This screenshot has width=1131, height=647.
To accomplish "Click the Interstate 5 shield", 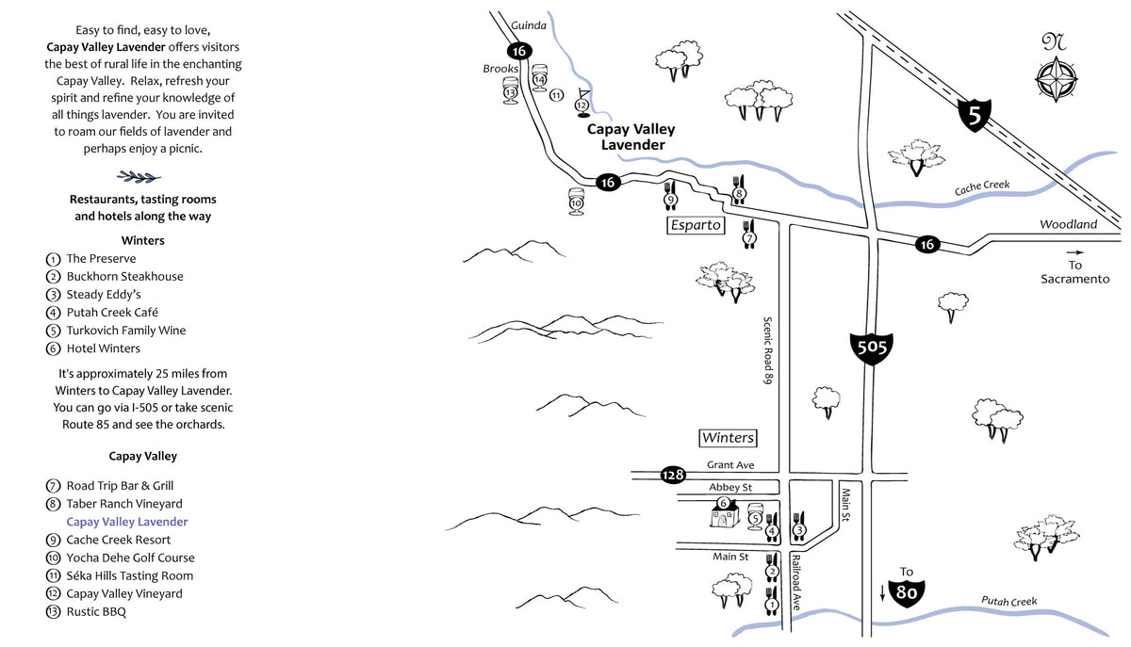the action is [x=975, y=116].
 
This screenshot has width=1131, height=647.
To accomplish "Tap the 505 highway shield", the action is [x=872, y=348].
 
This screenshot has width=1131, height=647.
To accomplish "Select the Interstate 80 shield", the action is [x=907, y=592].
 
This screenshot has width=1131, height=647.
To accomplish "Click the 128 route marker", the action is [x=673, y=475].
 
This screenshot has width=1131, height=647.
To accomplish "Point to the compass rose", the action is [x=1057, y=79].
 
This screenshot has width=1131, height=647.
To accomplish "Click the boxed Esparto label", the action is [x=696, y=224].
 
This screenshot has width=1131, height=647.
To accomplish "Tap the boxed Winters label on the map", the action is [x=728, y=438].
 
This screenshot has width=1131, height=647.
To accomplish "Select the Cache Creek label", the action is [x=982, y=187].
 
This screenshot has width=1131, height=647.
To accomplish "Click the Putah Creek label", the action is [x=1008, y=601].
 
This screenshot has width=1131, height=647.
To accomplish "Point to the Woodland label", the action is [x=1069, y=224].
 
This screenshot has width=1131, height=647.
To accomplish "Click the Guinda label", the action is [x=529, y=25].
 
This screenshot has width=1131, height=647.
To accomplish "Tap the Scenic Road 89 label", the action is [x=767, y=350].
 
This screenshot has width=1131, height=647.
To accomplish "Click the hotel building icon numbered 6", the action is [x=724, y=512].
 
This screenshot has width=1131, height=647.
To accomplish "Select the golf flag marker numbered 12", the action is [x=582, y=104].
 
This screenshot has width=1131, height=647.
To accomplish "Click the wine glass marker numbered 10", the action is [x=576, y=202].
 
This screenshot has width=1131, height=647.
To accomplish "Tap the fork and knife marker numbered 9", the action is [x=670, y=196].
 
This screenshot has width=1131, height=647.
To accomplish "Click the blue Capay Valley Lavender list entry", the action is [x=127, y=522].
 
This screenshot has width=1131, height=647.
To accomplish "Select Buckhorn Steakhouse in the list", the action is [x=124, y=277].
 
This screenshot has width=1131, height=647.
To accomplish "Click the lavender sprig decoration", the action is [x=139, y=177].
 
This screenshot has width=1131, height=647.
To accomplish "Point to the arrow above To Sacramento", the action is [x=1075, y=252].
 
